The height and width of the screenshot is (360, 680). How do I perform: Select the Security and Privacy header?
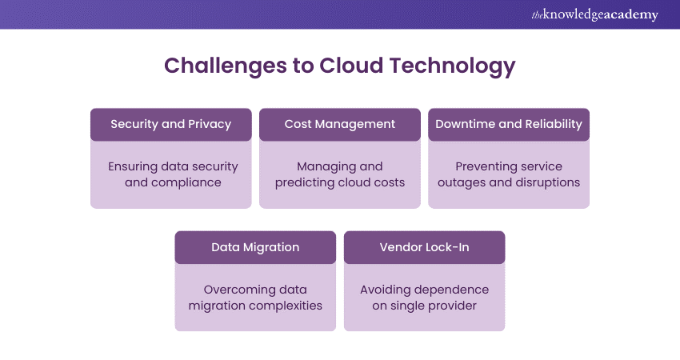pos(170,124)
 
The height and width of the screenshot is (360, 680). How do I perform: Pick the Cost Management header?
pos(340,124)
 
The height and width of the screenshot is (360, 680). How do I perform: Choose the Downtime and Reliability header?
pos(509,124)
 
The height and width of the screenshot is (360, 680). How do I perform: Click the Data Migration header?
pos(255,247)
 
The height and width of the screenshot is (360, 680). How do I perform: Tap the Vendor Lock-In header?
pos(424,247)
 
